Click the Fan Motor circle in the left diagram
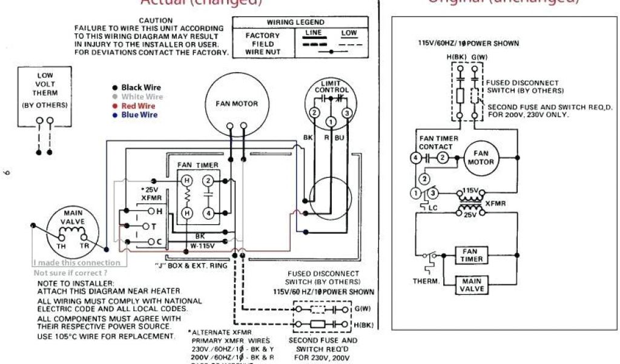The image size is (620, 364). click(x=236, y=104)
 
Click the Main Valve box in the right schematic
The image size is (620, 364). click(x=472, y=285)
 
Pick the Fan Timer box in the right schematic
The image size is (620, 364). click(x=472, y=255)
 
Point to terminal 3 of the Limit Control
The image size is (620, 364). click(x=347, y=113)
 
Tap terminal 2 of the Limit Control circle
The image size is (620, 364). click(x=314, y=113)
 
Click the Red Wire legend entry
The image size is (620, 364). click(x=138, y=106)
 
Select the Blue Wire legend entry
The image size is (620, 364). click(x=139, y=115)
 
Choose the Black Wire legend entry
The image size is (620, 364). click(x=140, y=88)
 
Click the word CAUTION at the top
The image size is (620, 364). click(x=156, y=21)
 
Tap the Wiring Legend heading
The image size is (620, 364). click(x=295, y=22)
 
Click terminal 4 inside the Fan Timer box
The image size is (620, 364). click(x=208, y=213)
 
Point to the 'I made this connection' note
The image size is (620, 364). click(x=76, y=263)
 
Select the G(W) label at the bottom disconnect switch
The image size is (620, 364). click(x=362, y=309)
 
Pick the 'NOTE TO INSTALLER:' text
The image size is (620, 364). click(x=76, y=283)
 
